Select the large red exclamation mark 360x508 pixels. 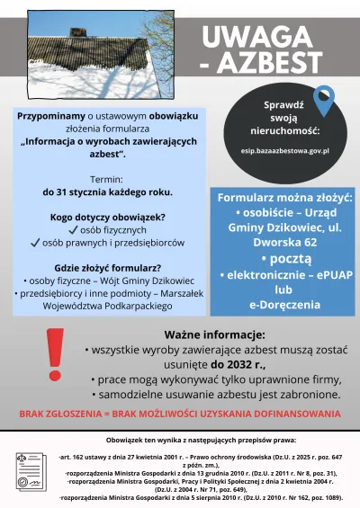click(x=55, y=360)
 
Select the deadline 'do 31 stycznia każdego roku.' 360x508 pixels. click(x=107, y=192)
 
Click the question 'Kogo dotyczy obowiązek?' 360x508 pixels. click(x=107, y=217)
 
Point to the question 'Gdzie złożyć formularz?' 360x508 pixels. click(x=107, y=267)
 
